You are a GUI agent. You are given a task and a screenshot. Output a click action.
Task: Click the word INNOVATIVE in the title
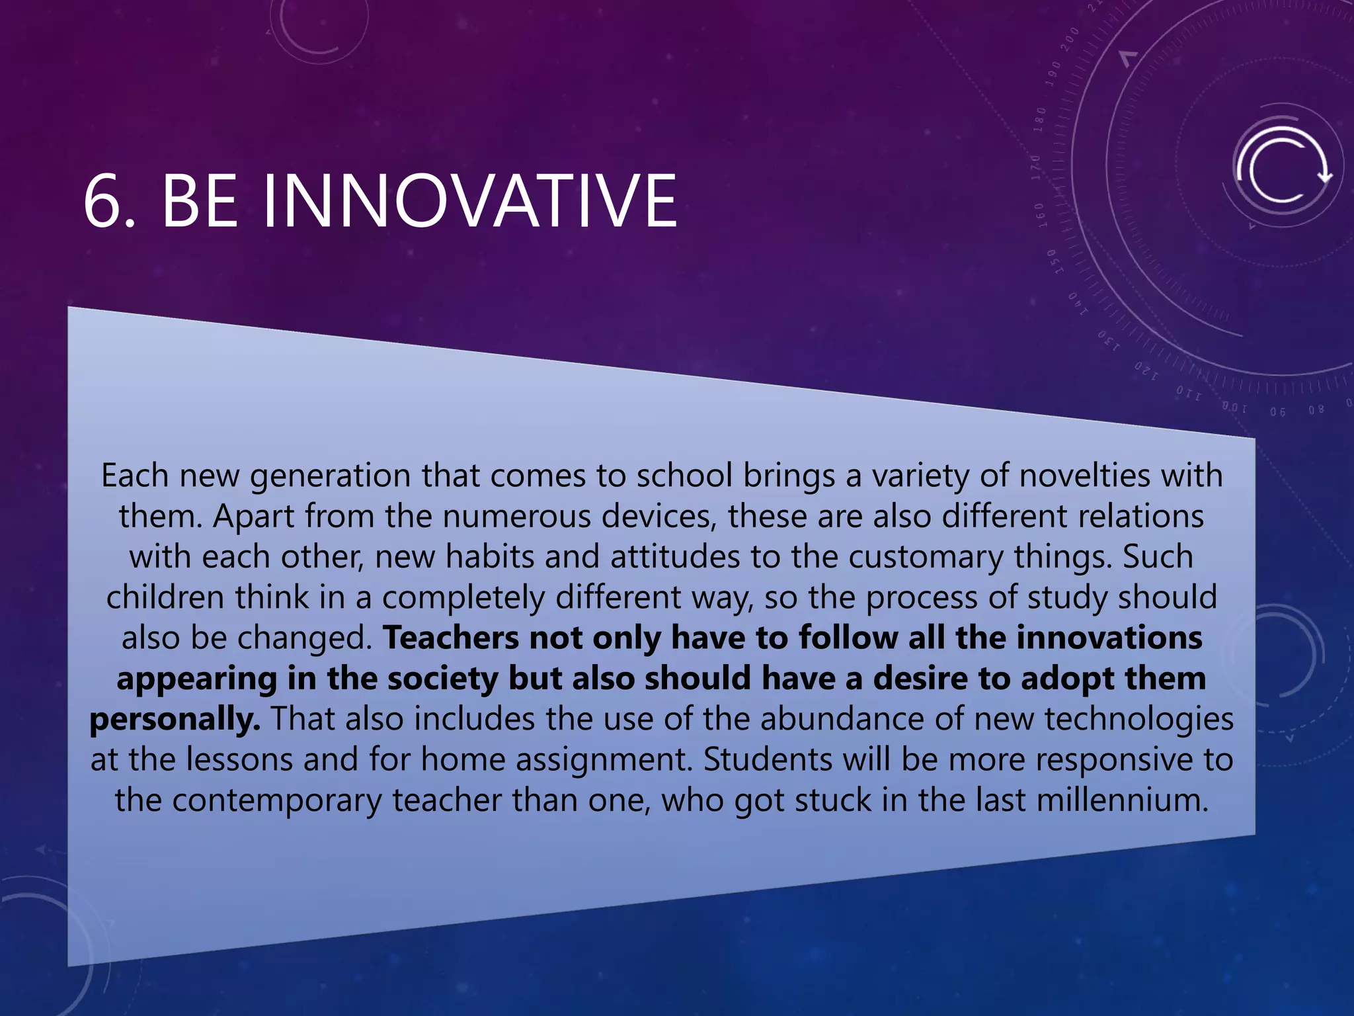click(x=470, y=200)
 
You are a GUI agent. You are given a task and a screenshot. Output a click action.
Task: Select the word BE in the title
click(x=199, y=200)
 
